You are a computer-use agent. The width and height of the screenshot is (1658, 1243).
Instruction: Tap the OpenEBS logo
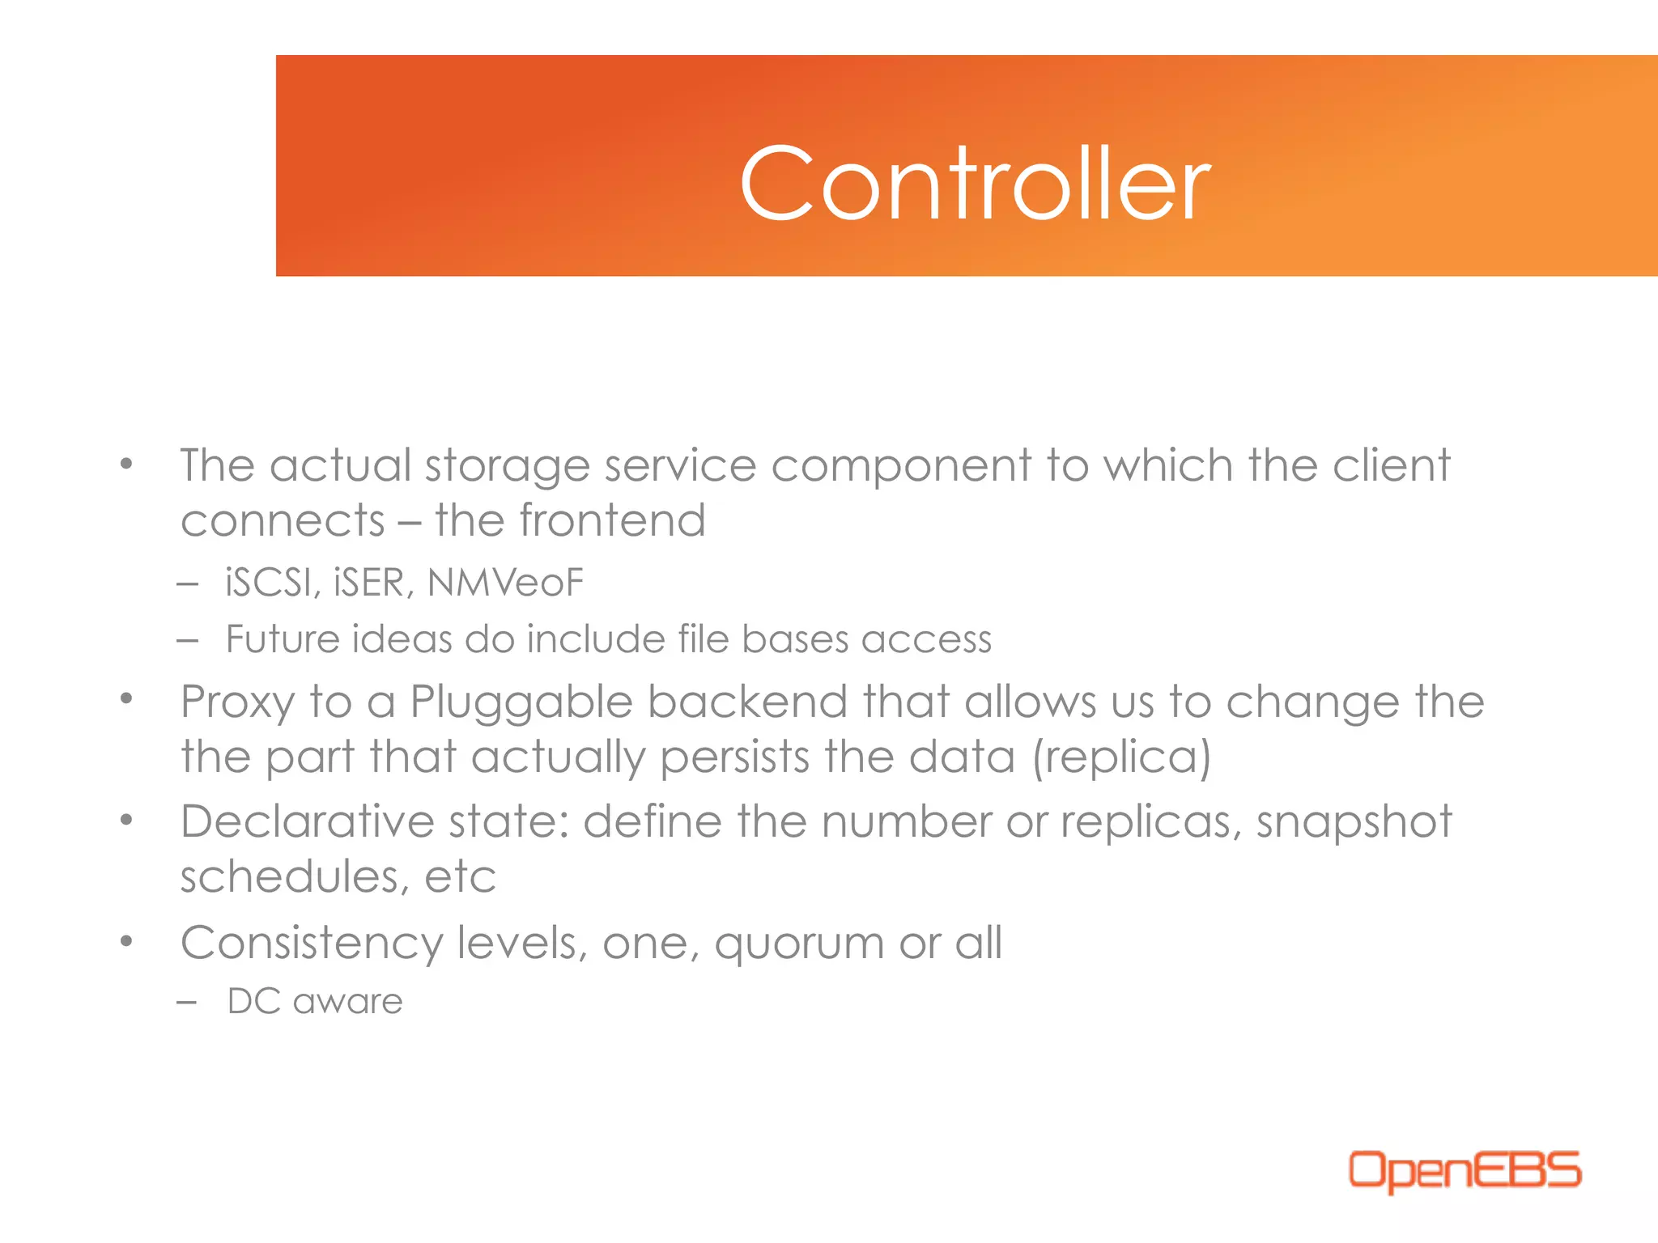point(1464,1171)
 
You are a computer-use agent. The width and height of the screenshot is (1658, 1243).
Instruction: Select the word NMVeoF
point(505,583)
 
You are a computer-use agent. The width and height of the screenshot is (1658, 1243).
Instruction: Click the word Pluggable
point(521,702)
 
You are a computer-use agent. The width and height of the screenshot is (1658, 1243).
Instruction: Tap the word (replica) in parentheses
point(1121,757)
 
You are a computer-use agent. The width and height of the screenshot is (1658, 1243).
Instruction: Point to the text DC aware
point(315,1002)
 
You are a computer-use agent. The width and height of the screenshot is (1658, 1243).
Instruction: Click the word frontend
point(612,520)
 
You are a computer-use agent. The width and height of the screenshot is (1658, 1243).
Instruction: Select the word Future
point(282,639)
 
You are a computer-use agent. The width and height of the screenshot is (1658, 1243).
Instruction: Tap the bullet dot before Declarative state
point(126,821)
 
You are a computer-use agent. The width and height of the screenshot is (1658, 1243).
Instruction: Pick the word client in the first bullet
point(1392,465)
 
